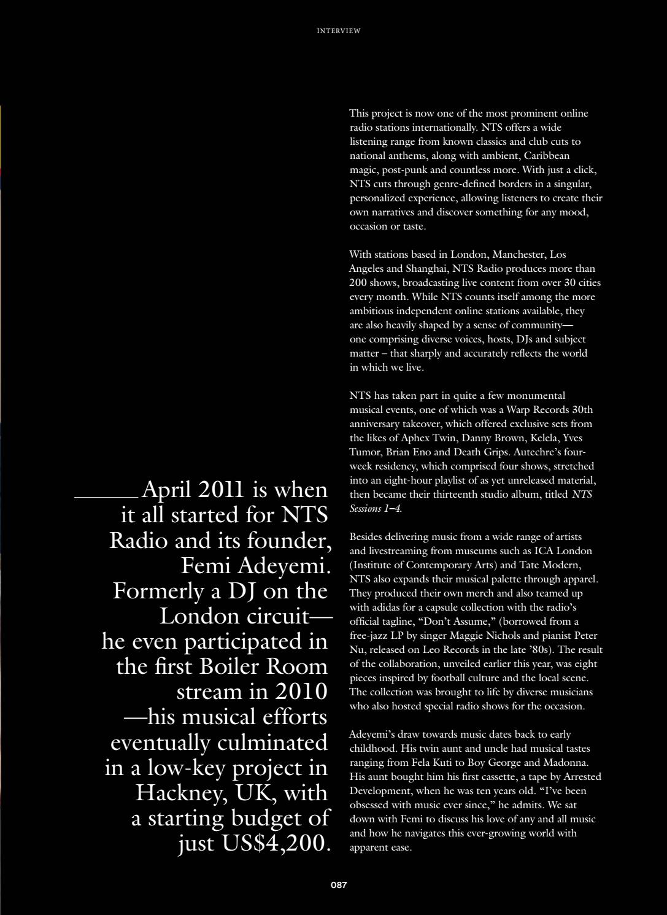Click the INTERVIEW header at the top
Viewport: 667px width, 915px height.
coord(338,31)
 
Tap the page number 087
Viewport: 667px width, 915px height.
coord(339,885)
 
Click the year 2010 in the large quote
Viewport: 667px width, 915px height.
coord(301,692)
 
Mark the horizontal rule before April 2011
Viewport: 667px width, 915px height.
coord(106,496)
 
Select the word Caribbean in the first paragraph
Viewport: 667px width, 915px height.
coord(546,155)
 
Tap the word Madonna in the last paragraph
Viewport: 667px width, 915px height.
coord(569,763)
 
